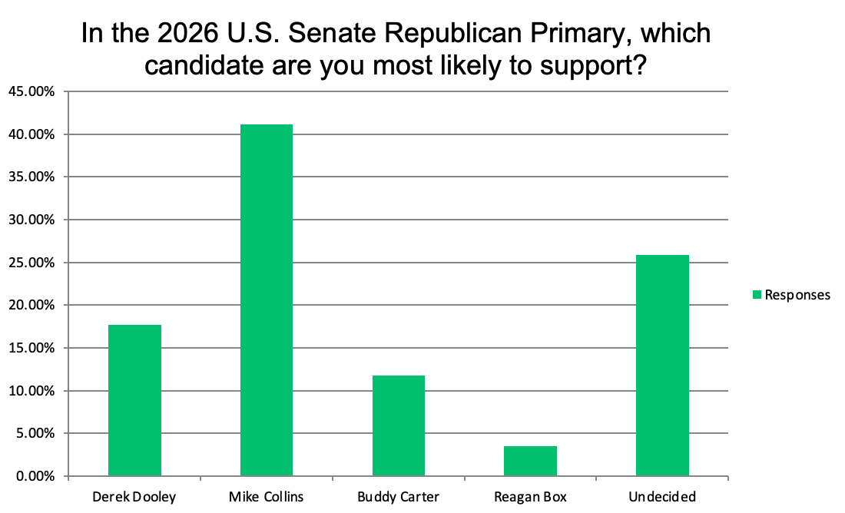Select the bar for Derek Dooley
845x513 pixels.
[x=134, y=400]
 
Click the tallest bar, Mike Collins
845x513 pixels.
[x=267, y=300]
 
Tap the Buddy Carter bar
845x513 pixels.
[x=399, y=425]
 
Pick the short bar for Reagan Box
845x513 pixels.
[x=530, y=461]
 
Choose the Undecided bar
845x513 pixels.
[x=662, y=366]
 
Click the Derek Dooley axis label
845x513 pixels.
[x=134, y=497]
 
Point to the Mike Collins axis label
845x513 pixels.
[x=267, y=497]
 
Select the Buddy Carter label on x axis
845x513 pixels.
[x=399, y=497]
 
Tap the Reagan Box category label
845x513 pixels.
[x=530, y=497]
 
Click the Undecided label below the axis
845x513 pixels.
[x=662, y=497]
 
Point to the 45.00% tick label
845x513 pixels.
[x=32, y=91]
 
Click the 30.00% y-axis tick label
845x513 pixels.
[x=32, y=220]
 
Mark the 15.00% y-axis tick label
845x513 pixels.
[x=32, y=348]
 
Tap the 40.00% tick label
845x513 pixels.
[x=32, y=134]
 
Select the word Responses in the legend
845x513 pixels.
[x=797, y=295]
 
